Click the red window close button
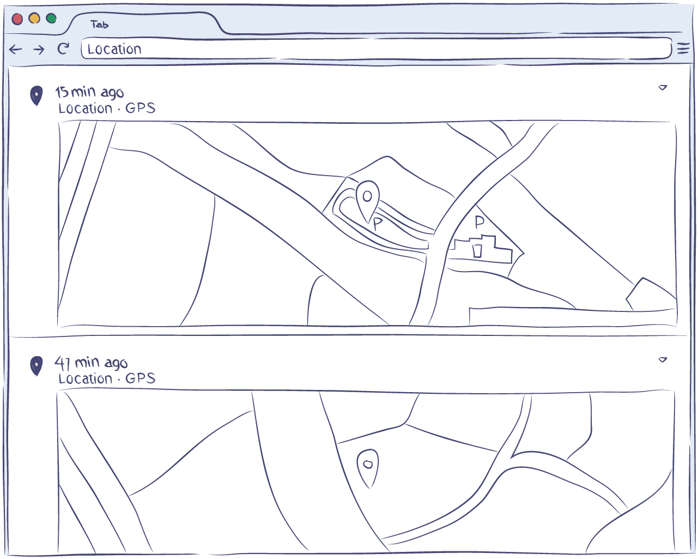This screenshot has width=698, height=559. coord(17,19)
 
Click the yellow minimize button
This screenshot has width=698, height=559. coord(34,18)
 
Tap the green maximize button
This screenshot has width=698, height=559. coord(51,18)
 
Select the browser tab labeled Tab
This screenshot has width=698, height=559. coord(99,25)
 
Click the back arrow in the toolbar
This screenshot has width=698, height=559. coord(16,49)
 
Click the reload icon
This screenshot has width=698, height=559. coord(63,49)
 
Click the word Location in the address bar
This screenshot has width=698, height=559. coord(114,49)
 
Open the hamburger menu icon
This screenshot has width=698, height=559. coord(683,49)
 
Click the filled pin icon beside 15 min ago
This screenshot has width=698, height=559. coord(37,95)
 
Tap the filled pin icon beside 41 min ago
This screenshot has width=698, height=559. coord(37,366)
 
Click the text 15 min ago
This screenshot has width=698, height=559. coord(89,92)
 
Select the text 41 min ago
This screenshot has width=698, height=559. coord(91,363)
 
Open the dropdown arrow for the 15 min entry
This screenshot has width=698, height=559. coord(663,87)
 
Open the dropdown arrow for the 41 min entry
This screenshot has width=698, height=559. coord(663,359)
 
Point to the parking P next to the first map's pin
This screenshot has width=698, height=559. coord(377,224)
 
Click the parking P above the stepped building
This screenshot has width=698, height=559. coord(480,223)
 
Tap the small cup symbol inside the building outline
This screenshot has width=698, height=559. coord(477,251)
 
